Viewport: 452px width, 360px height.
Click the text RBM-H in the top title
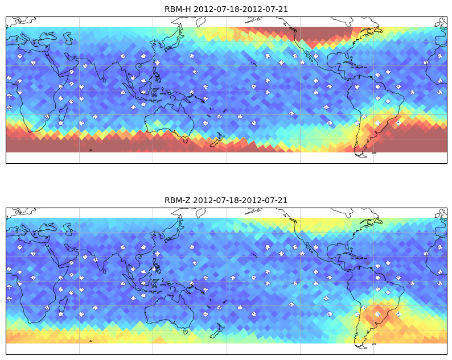(x=178, y=9)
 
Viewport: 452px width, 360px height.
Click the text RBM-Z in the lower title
(x=178, y=200)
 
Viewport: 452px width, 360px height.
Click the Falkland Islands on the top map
(x=374, y=153)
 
